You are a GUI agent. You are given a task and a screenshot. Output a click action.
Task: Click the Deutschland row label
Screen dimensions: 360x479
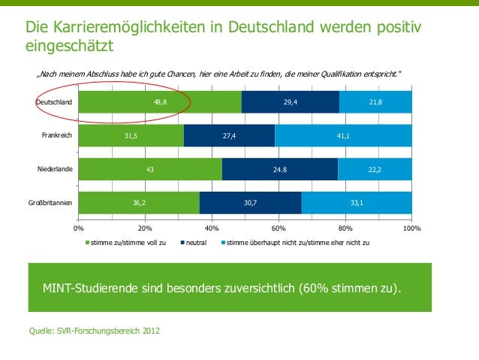tap(55, 101)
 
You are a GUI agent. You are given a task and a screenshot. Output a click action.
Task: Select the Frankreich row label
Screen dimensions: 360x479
tap(56, 135)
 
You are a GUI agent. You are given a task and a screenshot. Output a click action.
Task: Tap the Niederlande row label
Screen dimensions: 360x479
tap(56, 169)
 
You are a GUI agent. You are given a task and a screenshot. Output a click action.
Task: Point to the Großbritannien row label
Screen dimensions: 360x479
tap(50, 203)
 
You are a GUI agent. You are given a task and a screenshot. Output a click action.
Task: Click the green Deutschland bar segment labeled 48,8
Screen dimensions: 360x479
tap(160, 101)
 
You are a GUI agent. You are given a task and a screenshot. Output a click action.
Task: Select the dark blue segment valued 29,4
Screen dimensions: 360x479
tap(290, 101)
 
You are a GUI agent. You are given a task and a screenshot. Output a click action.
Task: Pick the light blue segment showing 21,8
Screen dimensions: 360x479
tap(375, 101)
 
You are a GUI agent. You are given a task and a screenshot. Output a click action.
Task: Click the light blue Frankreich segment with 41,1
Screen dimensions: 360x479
tap(343, 135)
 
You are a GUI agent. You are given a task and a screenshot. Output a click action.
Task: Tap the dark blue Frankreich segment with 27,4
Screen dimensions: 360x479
tap(229, 135)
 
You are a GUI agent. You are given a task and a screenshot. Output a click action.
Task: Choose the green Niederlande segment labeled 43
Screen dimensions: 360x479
tap(150, 169)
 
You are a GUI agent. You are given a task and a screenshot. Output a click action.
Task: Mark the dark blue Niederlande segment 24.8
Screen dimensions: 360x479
tap(280, 169)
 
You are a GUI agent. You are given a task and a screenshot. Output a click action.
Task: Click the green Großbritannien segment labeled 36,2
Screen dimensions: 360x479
tap(139, 203)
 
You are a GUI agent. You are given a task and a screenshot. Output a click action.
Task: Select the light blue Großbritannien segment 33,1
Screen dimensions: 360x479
tap(357, 203)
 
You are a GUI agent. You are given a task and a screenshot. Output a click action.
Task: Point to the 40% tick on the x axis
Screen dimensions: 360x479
tap(212, 227)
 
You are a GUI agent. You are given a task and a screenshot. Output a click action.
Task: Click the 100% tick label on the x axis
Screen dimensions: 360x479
tap(411, 227)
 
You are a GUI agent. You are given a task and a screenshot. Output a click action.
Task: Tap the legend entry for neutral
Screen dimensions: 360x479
tap(196, 244)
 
